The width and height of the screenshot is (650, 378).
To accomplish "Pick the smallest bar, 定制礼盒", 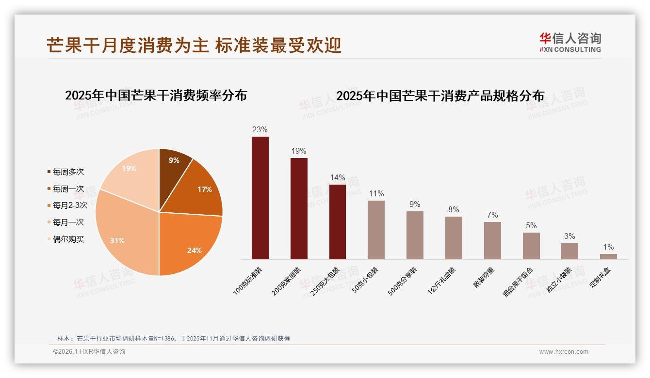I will pyautogui.click(x=608, y=256).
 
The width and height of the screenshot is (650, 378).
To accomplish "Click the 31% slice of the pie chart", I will pyautogui.click(x=121, y=233).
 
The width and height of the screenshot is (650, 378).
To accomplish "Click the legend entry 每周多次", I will pyautogui.click(x=68, y=172).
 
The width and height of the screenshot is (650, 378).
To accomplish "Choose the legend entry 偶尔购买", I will pyautogui.click(x=68, y=239).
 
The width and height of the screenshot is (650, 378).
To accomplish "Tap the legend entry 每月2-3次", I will pyautogui.click(x=69, y=205).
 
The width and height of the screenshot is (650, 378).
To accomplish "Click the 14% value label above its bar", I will pyautogui.click(x=338, y=177).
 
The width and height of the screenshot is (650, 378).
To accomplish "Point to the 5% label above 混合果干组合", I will pyautogui.click(x=531, y=225).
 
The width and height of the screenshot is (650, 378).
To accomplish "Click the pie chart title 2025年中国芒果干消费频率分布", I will pyautogui.click(x=156, y=95).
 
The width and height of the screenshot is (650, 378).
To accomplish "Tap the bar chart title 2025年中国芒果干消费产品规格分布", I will pyautogui.click(x=440, y=96).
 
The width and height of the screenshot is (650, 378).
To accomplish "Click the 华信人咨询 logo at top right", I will pyautogui.click(x=570, y=42).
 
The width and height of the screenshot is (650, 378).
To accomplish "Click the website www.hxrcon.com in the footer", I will pyautogui.click(x=563, y=352).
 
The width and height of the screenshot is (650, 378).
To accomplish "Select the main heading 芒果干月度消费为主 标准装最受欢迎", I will pyautogui.click(x=194, y=46).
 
